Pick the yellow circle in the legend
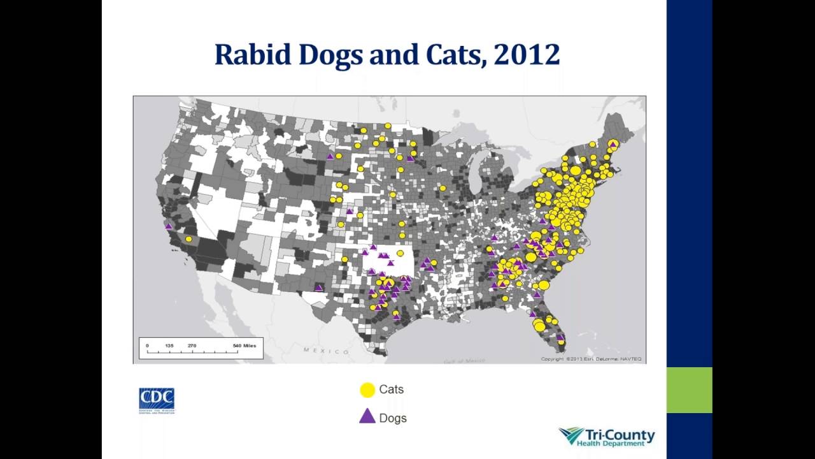367,390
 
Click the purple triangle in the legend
367,417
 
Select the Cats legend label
391,390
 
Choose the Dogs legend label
392,418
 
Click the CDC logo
157,400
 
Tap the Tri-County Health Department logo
607,437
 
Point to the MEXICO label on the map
326,351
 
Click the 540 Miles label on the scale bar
244,346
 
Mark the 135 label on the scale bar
169,346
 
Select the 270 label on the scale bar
192,346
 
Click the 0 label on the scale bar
147,346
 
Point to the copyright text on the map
591,359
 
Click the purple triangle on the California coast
169,226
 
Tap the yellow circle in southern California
188,239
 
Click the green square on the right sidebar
689,390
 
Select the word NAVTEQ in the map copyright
631,359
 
